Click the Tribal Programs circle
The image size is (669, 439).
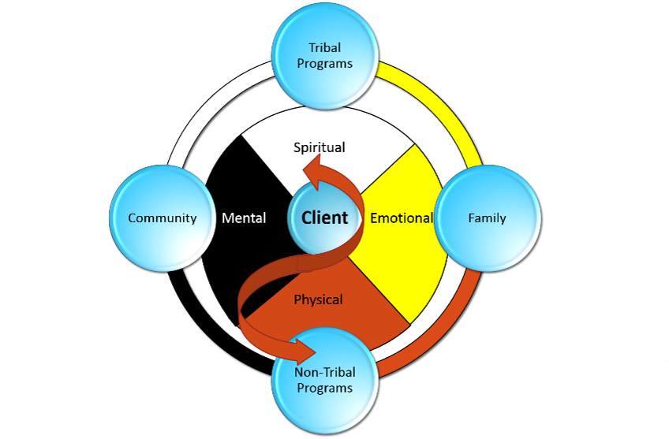[325, 55]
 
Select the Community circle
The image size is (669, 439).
[162, 218]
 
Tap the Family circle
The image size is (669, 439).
[487, 218]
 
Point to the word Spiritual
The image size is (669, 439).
[320, 147]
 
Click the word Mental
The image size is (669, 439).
[244, 218]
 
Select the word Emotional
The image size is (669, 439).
[402, 218]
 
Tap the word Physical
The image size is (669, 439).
[318, 299]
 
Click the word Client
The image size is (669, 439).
[324, 218]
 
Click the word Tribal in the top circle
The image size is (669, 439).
[325, 48]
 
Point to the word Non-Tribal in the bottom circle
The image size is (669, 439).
[324, 372]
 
